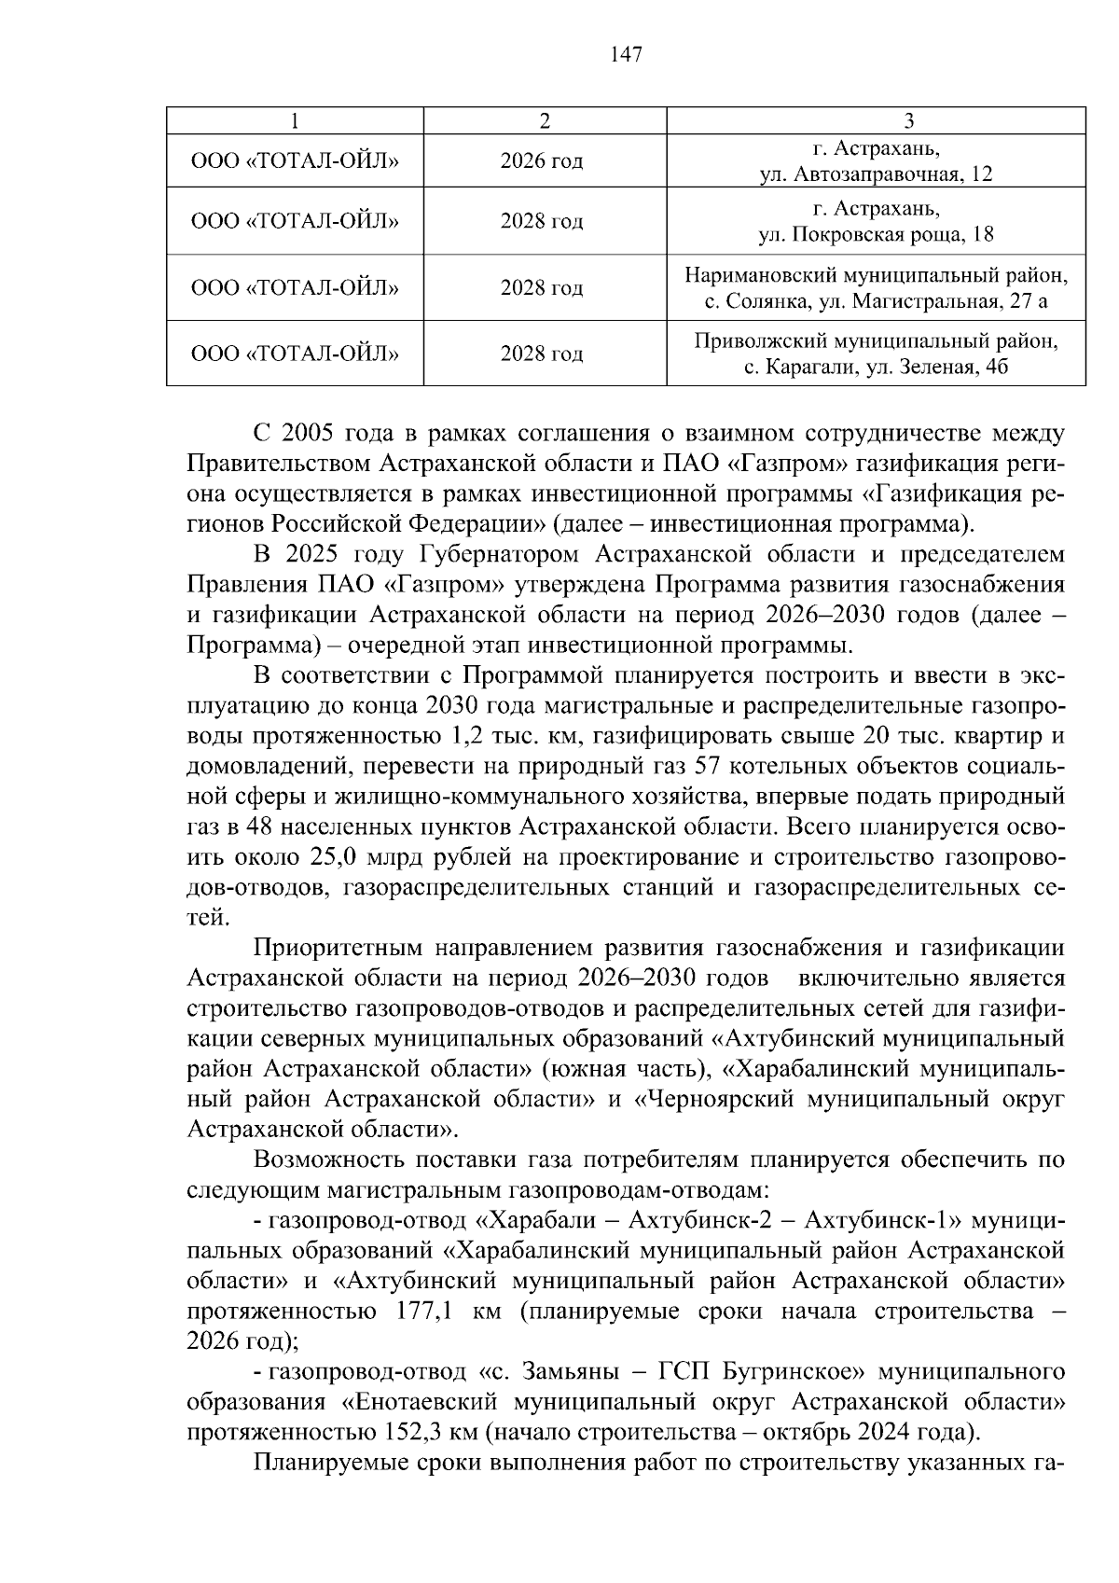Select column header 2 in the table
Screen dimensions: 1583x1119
point(545,120)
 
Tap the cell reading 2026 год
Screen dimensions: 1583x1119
point(542,161)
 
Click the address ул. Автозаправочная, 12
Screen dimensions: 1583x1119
point(876,174)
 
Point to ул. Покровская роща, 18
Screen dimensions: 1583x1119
point(876,235)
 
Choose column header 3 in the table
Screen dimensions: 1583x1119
point(908,120)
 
